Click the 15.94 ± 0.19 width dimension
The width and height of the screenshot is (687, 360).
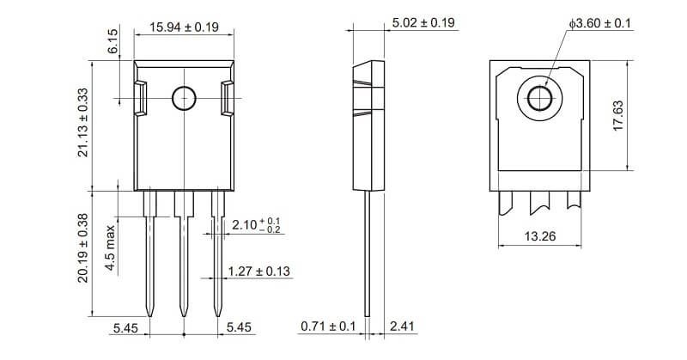point(184,27)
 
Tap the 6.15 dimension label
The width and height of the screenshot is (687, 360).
point(112,41)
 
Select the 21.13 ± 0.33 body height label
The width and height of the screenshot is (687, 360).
point(82,123)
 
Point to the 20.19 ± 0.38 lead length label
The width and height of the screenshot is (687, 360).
point(82,248)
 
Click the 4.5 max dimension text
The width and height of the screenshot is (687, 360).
point(110,247)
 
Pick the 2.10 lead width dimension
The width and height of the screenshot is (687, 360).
point(256,225)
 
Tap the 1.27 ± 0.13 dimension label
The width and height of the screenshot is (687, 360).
point(259,271)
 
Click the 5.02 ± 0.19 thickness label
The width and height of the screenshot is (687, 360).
point(423,23)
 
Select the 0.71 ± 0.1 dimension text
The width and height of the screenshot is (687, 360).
point(328,326)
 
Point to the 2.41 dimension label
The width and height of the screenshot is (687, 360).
point(402,326)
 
